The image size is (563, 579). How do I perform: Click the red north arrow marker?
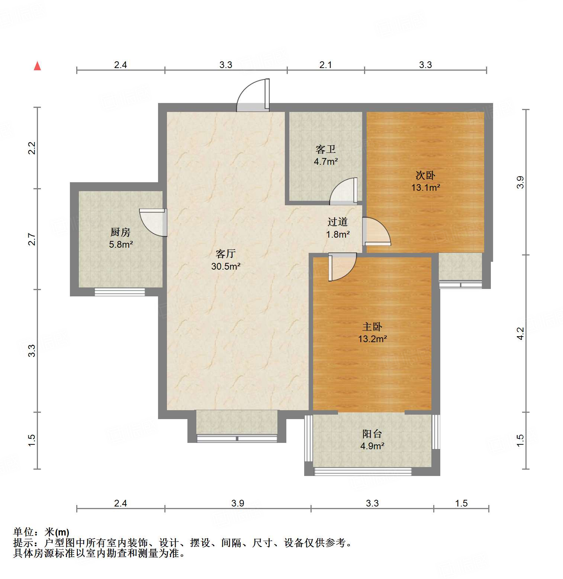pos(37,66)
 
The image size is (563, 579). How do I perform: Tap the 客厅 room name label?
pos(225,254)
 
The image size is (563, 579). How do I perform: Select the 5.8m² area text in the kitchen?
pos(121,245)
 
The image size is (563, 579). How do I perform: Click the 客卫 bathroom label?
pos(325,149)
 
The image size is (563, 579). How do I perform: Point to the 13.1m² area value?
pos(425,187)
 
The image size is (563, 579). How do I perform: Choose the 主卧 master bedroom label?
pos(372,327)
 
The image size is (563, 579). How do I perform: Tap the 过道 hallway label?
pos(337,222)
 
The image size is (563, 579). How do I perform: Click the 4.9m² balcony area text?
pos(372,446)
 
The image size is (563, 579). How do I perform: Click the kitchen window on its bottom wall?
pos(120,292)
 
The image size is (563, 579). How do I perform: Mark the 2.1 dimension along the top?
pos(325,65)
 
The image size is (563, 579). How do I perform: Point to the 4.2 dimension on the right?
pos(520,333)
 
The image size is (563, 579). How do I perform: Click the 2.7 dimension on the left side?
pos(32,239)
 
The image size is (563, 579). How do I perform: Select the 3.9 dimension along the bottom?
pos(238,503)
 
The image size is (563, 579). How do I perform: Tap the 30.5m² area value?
pos(226,266)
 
